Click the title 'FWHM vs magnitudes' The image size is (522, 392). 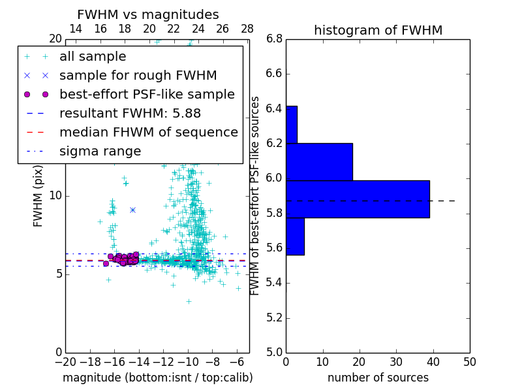click(148, 15)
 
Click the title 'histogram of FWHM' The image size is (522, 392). click(378, 30)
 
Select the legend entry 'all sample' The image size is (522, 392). click(93, 57)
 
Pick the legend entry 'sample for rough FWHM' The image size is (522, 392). click(138, 76)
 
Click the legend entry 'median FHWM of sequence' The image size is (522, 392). click(148, 133)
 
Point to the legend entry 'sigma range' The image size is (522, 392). click(100, 152)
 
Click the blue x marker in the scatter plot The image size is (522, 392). click(132, 210)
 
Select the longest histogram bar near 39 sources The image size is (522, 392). click(358, 199)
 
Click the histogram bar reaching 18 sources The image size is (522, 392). click(319, 161)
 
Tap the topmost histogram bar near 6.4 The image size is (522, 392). click(291, 124)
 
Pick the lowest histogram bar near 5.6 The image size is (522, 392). click(295, 236)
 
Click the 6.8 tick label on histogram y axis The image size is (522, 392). click(275, 39)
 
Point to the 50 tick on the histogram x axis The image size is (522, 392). click(469, 362)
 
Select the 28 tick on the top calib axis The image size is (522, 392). click(247, 29)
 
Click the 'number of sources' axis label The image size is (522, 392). click(378, 378)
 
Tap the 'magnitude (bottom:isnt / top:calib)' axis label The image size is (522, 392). click(157, 378)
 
